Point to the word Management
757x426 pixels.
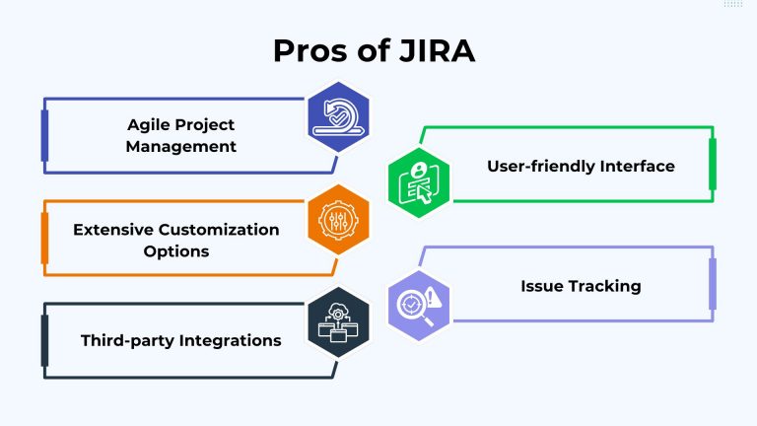pos(182,146)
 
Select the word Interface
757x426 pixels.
pos(642,166)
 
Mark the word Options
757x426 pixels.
pos(176,250)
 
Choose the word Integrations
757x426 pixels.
pos(232,340)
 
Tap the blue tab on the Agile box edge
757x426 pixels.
pos(44,135)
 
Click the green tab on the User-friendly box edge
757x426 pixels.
pos(713,164)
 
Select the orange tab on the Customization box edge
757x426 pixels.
pos(44,239)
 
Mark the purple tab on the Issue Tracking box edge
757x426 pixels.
pos(713,284)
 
